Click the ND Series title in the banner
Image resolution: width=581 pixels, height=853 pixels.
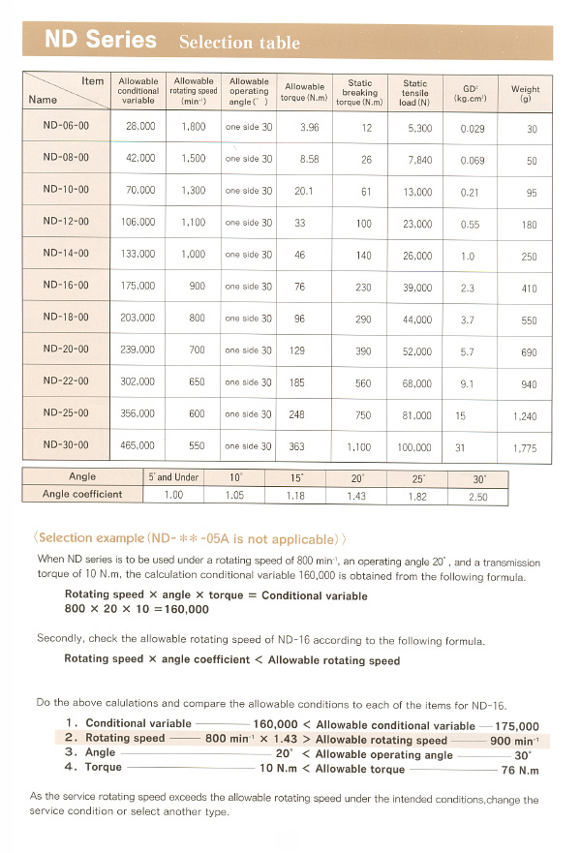pos(101,41)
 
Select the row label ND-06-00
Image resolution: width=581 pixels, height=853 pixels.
pos(66,126)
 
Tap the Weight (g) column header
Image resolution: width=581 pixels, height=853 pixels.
pos(526,93)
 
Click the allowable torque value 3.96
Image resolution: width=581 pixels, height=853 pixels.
pos(310,127)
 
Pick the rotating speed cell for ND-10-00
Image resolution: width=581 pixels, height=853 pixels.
pos(194,191)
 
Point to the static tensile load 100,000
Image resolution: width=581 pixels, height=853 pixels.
pos(414,446)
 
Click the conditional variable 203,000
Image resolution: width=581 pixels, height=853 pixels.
pos(139,318)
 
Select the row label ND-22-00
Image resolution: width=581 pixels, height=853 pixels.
pos(66,381)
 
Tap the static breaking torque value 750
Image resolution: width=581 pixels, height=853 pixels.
pos(362,414)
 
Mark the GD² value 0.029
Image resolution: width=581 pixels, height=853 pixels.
pos(473,128)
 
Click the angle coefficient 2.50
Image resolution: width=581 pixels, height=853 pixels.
pos(478,496)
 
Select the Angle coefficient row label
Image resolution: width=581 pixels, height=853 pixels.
pos(82,495)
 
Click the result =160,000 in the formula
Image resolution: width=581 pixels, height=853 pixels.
pos(175,609)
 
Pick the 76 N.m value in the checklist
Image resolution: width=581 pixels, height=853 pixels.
pos(520,771)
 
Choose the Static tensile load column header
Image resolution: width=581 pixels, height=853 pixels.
pos(414,93)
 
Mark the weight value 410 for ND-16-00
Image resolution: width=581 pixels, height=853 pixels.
pos(529,288)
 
